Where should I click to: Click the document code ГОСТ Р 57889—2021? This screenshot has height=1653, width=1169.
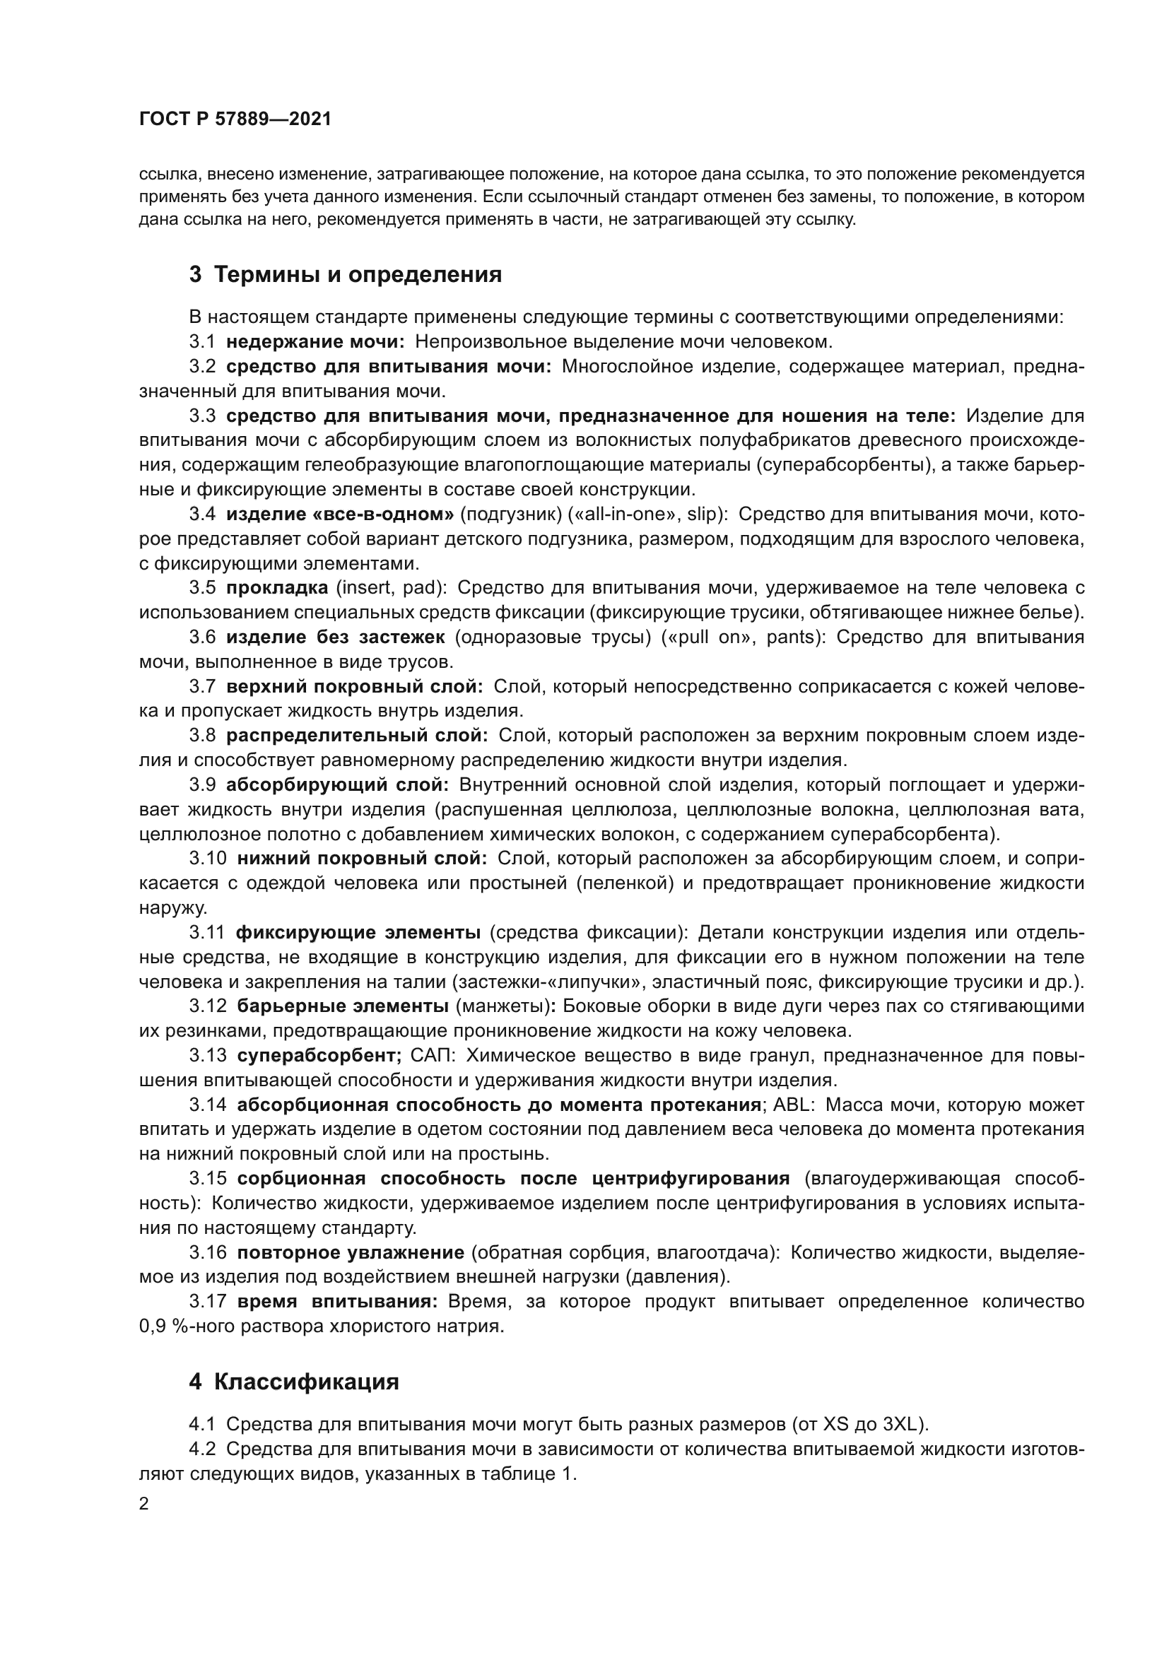235,119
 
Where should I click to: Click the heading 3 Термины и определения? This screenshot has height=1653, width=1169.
346,274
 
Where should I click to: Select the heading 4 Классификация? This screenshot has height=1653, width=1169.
294,1382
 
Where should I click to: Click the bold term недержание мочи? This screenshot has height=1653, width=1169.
315,341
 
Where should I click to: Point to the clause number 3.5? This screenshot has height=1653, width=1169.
202,587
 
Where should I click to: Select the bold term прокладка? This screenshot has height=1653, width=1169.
277,587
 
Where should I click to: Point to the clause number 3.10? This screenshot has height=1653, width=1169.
208,858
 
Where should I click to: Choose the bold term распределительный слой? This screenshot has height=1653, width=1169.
357,735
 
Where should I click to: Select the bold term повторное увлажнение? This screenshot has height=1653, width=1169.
351,1252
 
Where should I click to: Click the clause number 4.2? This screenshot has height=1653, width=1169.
202,1449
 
